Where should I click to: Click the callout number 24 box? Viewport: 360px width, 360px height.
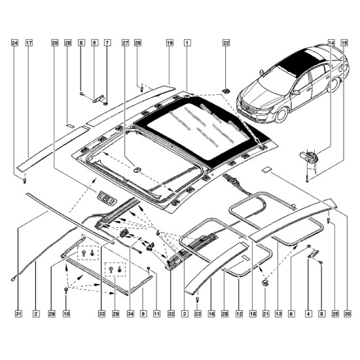point(14,43)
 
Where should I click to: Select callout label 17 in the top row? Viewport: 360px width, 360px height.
point(29,43)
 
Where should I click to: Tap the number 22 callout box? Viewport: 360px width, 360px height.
point(226,43)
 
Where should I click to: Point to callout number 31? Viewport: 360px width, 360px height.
point(18,314)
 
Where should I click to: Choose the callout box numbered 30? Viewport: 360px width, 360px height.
point(348,314)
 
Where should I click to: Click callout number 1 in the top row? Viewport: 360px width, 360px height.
point(187,43)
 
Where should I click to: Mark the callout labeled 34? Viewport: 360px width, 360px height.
point(130,314)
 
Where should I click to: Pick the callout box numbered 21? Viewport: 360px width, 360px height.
point(266,314)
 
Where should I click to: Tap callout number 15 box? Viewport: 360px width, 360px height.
point(344,43)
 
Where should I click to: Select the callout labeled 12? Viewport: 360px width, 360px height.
point(239,314)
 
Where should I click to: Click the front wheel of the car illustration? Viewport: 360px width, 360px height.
point(281,115)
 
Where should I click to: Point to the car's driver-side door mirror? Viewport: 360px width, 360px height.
point(296,92)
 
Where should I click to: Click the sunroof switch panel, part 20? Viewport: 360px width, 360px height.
point(107,198)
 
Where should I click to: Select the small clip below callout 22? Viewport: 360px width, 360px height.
point(226,91)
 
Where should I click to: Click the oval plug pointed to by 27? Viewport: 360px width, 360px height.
point(137,170)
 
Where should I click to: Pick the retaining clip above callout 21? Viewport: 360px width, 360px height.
point(265,282)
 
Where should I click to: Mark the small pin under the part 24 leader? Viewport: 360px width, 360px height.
point(25,180)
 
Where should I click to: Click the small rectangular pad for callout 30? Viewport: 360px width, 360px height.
point(266,170)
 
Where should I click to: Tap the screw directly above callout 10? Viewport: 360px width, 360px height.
point(66,290)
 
